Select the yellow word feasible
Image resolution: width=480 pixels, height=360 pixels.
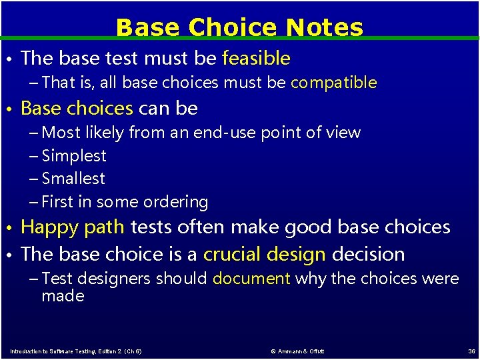pyautogui.click(x=256, y=59)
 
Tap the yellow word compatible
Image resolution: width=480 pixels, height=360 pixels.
pyautogui.click(x=333, y=83)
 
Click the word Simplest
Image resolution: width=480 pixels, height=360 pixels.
pyautogui.click(x=74, y=156)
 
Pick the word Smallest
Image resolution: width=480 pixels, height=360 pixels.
pyautogui.click(x=73, y=179)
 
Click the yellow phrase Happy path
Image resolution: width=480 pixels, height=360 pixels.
pyautogui.click(x=73, y=227)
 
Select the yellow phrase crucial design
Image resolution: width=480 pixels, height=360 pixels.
pyautogui.click(x=265, y=254)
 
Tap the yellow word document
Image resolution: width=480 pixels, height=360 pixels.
pyautogui.click(x=251, y=279)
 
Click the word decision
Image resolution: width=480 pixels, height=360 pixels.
pyautogui.click(x=368, y=254)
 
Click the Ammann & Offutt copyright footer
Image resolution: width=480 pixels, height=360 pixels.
pyautogui.click(x=297, y=351)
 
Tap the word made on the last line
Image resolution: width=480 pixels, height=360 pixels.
pyautogui.click(x=63, y=296)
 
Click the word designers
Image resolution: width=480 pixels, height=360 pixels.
pyautogui.click(x=106, y=279)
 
